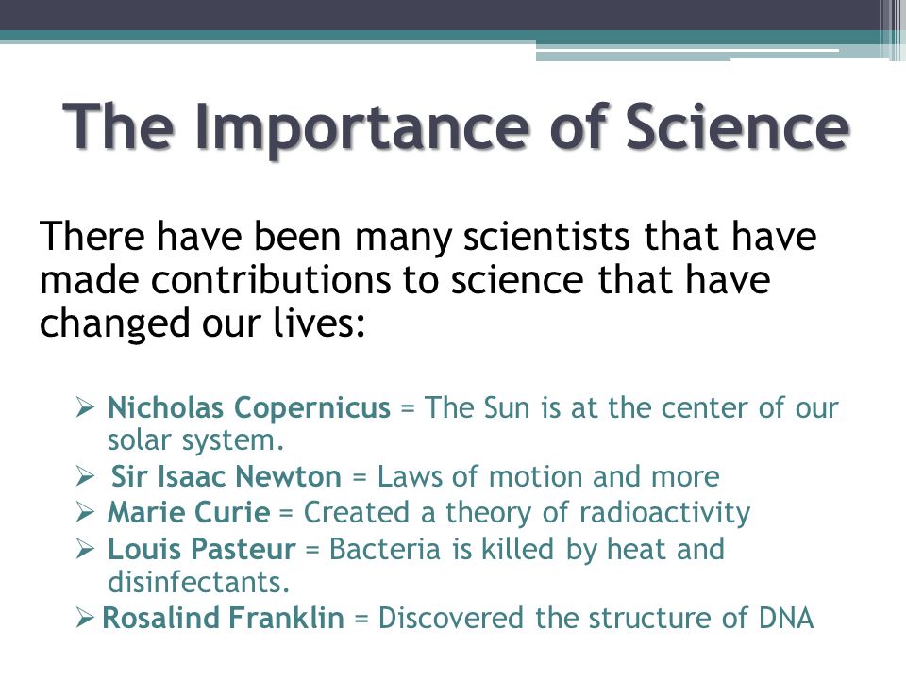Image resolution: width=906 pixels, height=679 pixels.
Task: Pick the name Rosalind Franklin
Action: coord(222,619)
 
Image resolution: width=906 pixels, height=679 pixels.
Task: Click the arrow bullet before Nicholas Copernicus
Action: coord(84,408)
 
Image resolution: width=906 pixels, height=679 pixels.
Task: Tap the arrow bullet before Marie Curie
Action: coord(84,512)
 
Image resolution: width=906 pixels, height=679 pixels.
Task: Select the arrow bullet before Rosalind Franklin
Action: coord(84,619)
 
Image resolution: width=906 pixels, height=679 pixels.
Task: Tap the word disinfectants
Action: coord(199,582)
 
